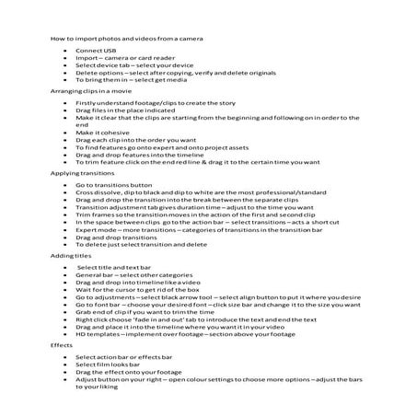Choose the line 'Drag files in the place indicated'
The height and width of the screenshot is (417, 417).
click(123, 110)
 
